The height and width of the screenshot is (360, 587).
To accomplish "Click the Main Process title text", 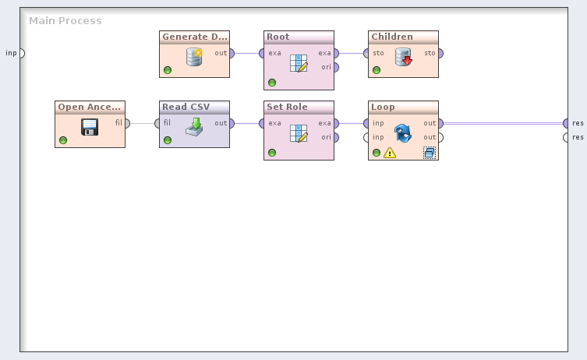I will (65, 21).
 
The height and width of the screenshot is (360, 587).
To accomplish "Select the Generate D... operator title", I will (194, 37).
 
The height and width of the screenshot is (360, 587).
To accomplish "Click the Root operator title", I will (278, 37).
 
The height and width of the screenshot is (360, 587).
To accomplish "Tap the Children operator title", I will (392, 37).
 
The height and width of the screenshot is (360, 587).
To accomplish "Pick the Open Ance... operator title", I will (90, 108).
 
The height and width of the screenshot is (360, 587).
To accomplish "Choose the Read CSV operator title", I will (186, 108).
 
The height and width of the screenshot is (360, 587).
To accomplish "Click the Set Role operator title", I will (287, 108).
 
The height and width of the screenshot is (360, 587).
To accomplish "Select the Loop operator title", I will (383, 108).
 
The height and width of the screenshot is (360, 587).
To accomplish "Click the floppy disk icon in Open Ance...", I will (90, 127).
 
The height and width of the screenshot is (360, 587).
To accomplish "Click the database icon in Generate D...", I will (194, 57).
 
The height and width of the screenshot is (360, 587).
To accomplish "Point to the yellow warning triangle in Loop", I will (390, 153).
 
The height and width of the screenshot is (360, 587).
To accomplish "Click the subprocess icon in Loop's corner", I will (429, 153).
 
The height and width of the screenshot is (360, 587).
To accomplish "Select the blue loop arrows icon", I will (403, 132).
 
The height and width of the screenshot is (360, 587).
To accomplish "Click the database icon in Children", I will (403, 57).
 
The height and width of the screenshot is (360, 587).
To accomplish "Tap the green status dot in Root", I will (272, 83).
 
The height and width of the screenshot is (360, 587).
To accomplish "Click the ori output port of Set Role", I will (335, 138).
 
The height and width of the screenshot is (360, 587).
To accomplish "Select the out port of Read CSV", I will (232, 123).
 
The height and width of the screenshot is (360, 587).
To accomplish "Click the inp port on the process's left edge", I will (21, 53).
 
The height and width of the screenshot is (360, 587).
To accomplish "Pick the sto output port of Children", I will (440, 53).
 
